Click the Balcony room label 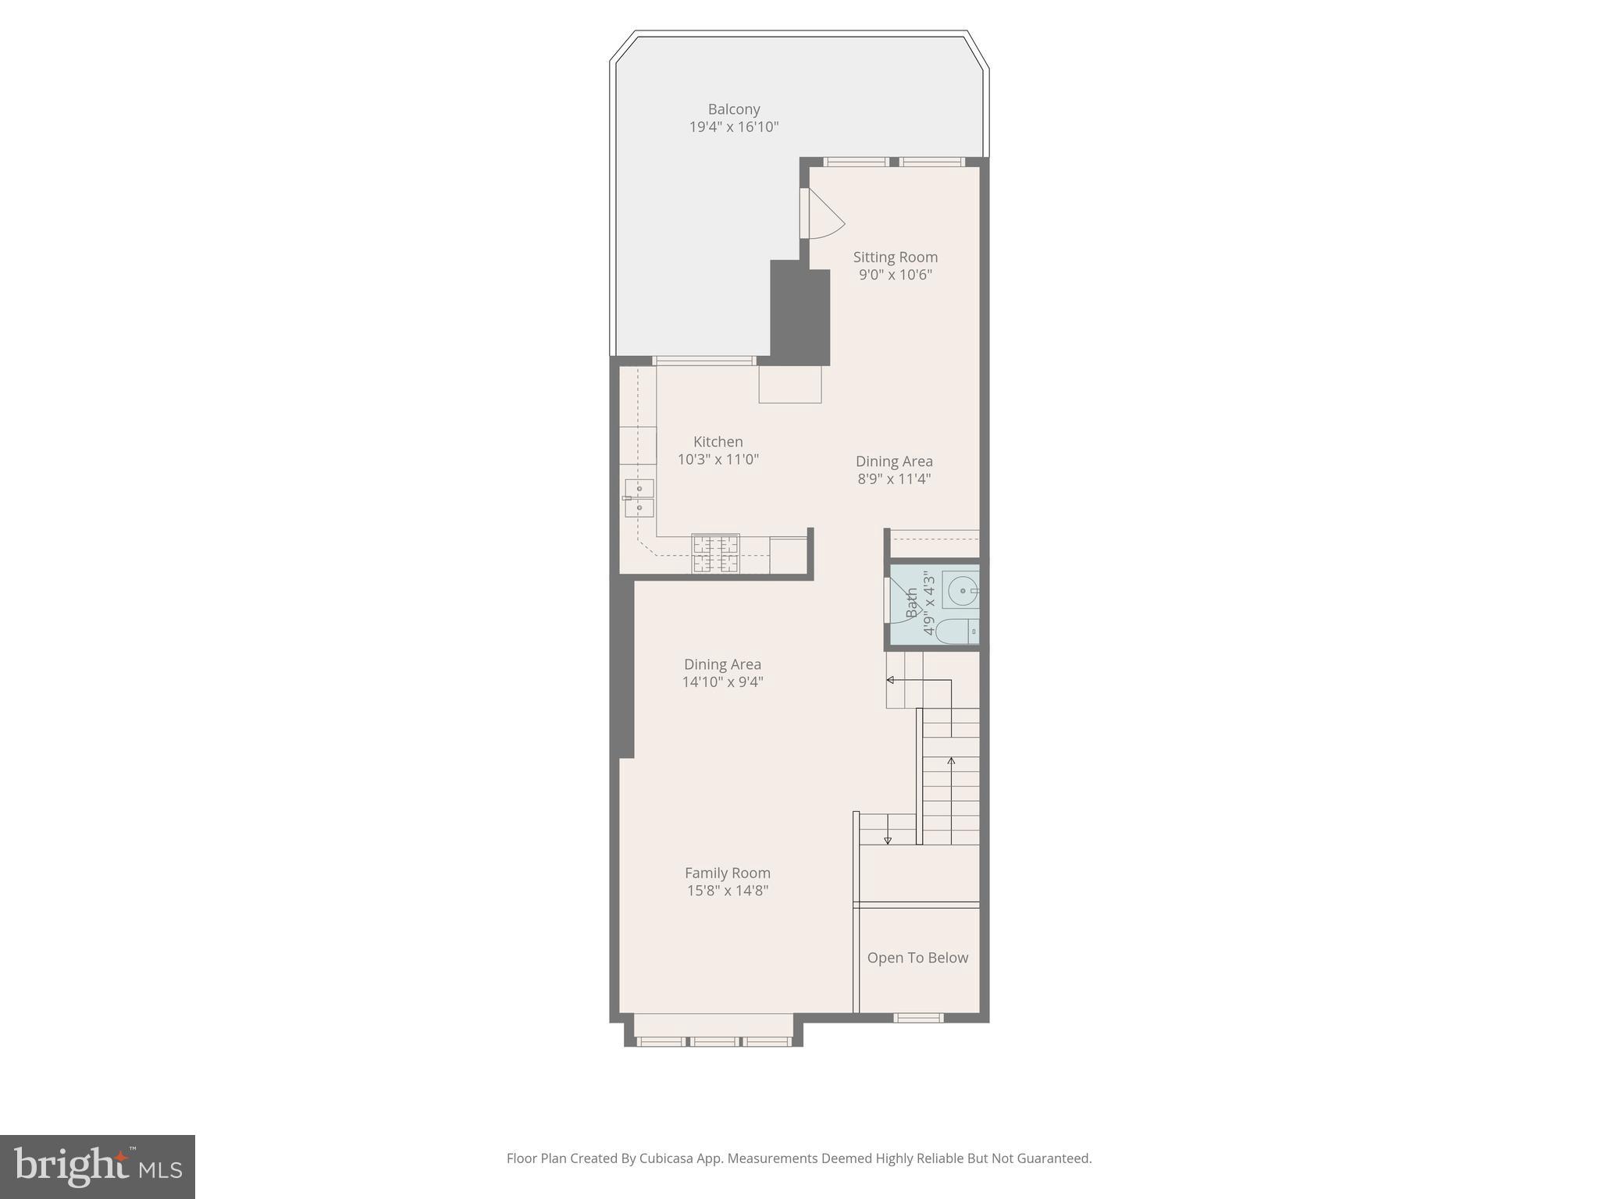[x=733, y=109]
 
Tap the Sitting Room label [x=895, y=257]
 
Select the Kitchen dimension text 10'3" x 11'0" [x=718, y=459]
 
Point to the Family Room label [x=727, y=873]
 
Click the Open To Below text [x=917, y=958]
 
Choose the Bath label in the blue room [x=912, y=603]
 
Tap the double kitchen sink [x=639, y=498]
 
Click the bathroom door [x=889, y=599]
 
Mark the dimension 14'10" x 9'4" [x=722, y=681]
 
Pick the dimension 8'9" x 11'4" [x=894, y=479]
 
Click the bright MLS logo [x=97, y=1166]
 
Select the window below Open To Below [x=918, y=1017]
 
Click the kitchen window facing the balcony [x=704, y=361]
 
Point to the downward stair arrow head [x=888, y=840]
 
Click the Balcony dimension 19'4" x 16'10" [x=733, y=126]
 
